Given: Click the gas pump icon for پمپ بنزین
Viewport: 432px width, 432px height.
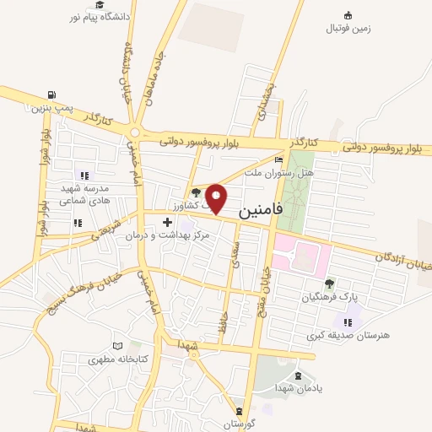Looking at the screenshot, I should (53, 94).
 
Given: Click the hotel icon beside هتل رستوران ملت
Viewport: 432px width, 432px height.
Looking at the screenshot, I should (278, 159).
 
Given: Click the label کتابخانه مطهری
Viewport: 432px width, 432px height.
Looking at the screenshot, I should (117, 359).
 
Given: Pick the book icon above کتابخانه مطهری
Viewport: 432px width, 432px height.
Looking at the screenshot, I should (117, 346).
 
